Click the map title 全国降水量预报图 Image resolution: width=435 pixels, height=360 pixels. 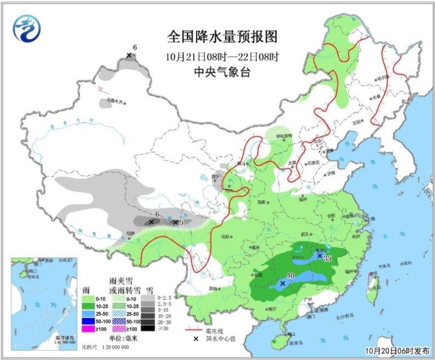point(222,37)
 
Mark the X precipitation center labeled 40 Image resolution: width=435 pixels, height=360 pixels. point(283,284)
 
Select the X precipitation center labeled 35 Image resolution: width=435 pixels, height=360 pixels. point(319,255)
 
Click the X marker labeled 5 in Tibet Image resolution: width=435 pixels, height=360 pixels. point(175,222)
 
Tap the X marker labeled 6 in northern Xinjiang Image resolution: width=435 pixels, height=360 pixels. point(129,55)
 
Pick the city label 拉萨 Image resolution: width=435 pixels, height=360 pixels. point(130,233)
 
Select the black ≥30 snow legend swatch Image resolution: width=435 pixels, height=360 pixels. point(147,329)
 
